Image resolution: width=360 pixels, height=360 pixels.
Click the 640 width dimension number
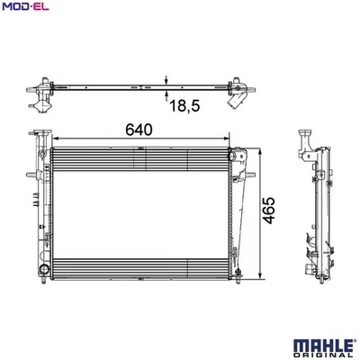point(137,130)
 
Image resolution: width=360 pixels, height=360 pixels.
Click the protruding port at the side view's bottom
point(310,270)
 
